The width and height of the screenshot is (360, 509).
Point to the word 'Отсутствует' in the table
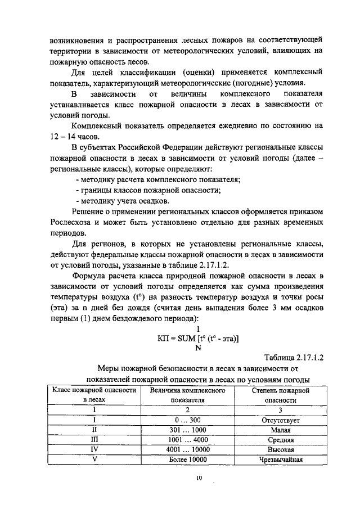tap(281, 420)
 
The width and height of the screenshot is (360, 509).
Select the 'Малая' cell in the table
tap(281, 430)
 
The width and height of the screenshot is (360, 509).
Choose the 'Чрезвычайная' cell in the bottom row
tap(281, 460)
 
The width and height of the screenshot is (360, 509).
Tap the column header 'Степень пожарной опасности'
tap(281, 395)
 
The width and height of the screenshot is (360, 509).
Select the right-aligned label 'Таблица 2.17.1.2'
tap(293, 357)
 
